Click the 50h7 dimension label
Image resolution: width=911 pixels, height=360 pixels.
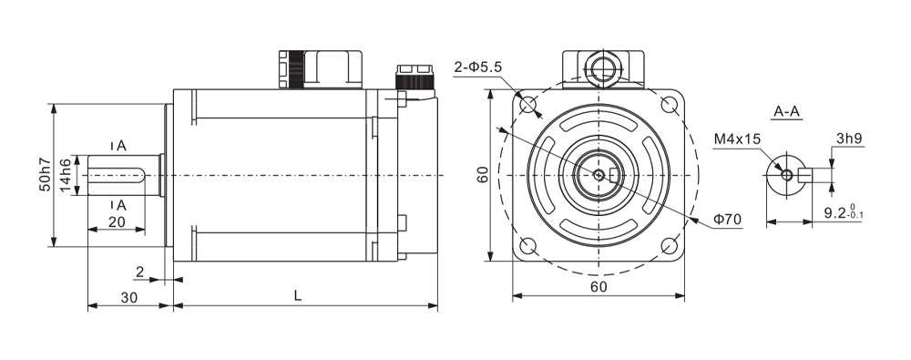[x=46, y=176]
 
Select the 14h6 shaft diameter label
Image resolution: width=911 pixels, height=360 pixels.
[x=65, y=176]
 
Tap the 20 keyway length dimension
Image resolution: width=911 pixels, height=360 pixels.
[x=117, y=221]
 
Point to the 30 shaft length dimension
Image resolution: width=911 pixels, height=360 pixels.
[x=129, y=297]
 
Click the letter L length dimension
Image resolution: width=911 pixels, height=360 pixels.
[x=298, y=295]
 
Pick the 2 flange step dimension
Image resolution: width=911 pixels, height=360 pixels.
[x=139, y=272]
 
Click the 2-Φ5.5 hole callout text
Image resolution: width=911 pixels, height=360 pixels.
[x=477, y=67]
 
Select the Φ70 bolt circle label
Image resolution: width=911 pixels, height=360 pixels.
[x=727, y=220]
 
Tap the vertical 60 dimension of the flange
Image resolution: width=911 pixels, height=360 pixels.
[x=483, y=174]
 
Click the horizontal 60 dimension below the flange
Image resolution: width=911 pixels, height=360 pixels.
[x=599, y=286]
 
